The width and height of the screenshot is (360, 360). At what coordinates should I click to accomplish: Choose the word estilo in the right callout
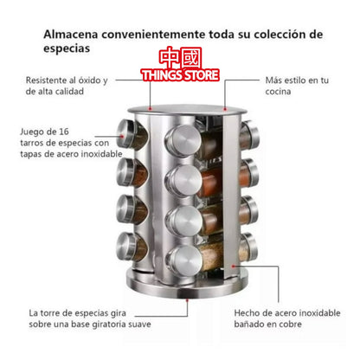pyautogui.click(x=292, y=80)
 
